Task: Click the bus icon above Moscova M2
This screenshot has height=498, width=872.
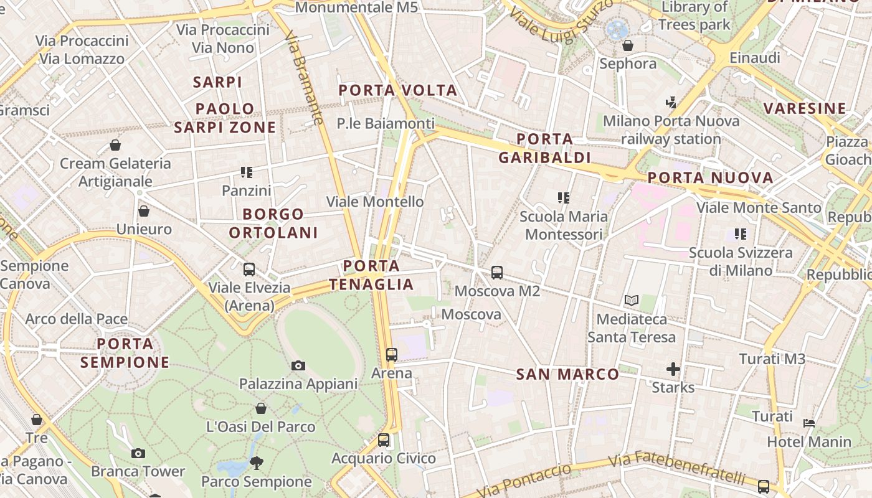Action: click(496, 272)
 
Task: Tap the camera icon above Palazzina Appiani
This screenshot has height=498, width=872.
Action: click(298, 365)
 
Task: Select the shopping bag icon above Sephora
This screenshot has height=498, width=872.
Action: click(628, 45)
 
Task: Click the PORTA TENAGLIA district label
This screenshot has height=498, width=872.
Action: click(372, 275)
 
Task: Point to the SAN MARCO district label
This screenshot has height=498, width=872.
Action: click(567, 374)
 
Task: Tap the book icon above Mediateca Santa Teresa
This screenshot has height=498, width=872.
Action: click(632, 301)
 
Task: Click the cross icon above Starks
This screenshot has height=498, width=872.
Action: click(673, 369)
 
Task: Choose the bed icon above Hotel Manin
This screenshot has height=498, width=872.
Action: click(809, 423)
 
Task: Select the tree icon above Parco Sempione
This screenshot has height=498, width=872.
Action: click(256, 463)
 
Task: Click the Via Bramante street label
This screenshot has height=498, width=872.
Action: click(305, 77)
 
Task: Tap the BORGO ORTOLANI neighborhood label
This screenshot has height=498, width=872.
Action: click(273, 223)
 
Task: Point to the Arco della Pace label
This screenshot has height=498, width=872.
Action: click(77, 319)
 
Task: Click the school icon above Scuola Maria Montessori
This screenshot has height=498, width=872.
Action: click(564, 198)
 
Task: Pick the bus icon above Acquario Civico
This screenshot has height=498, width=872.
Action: click(384, 440)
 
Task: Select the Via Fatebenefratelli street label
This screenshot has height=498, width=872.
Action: click(676, 469)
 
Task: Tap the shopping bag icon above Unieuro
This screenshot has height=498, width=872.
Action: click(144, 211)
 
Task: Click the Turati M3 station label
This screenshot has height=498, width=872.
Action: click(772, 359)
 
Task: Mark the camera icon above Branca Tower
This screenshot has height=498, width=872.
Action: click(138, 453)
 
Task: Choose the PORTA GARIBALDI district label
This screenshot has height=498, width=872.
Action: click(544, 148)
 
